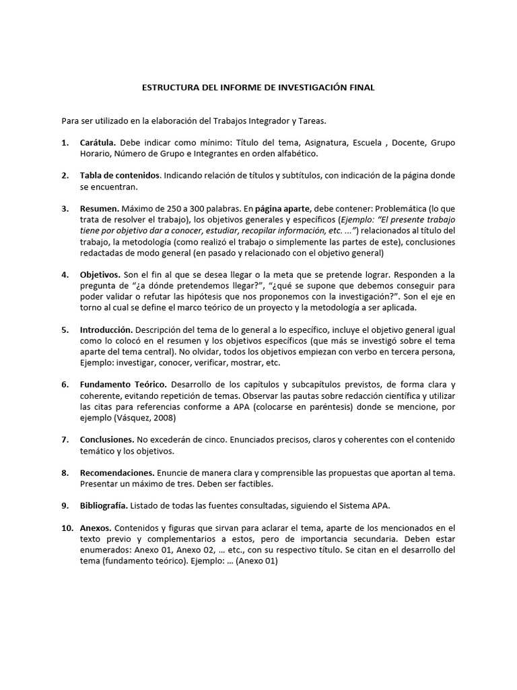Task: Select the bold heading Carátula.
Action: [x=98, y=143]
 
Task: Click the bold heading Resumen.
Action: [x=100, y=209]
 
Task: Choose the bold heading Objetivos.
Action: [x=100, y=275]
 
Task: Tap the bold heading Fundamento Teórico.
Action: [x=121, y=385]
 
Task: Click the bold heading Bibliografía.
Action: [x=104, y=505]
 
